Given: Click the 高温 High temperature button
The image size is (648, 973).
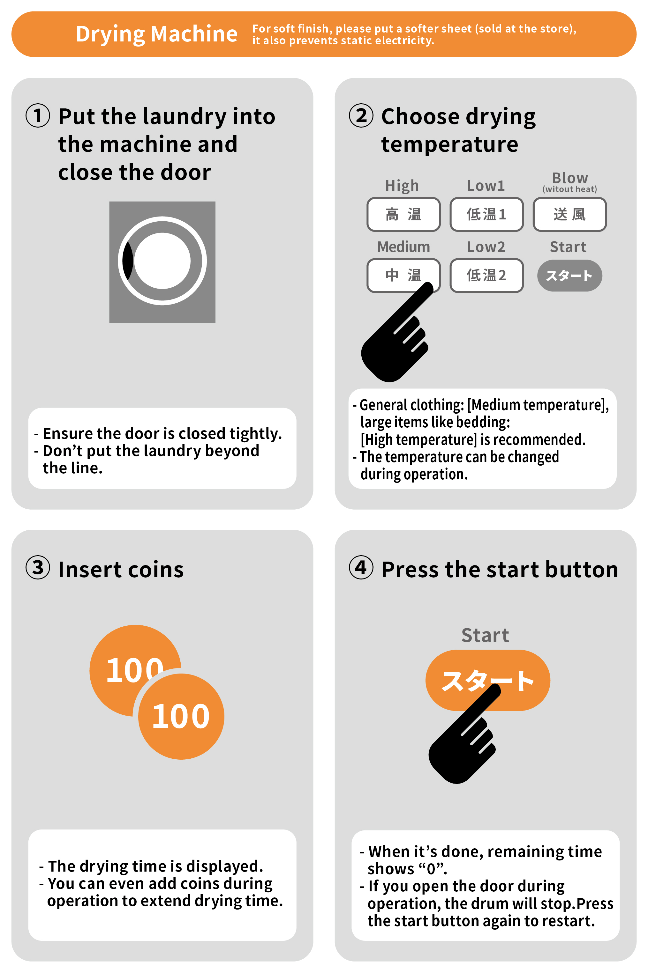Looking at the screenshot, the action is coord(403,214).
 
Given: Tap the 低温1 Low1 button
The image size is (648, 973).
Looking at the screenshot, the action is coord(486,214).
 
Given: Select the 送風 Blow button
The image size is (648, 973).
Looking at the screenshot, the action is coord(569,214).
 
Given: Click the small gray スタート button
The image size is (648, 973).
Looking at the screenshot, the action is coord(569,275).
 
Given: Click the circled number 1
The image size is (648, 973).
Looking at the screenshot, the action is coord(38,115).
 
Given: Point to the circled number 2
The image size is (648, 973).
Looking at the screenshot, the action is coord(361,115).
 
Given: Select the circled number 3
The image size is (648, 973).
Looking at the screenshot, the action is coord(38,568).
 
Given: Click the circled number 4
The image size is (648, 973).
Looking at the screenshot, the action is coord(361,568).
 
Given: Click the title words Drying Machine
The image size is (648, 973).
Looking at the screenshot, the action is coord(157,34).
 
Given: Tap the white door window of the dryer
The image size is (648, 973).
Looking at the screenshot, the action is coord(162,261).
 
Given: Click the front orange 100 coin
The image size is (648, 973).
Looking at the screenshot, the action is coord(181,716).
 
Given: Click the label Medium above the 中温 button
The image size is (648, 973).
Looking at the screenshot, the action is coord(403,247).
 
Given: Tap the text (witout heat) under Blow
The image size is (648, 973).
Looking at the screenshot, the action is coord(569,189).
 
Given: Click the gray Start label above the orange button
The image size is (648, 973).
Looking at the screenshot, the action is coord(485,635).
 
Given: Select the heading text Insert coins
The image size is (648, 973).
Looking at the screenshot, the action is coord(121,570).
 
